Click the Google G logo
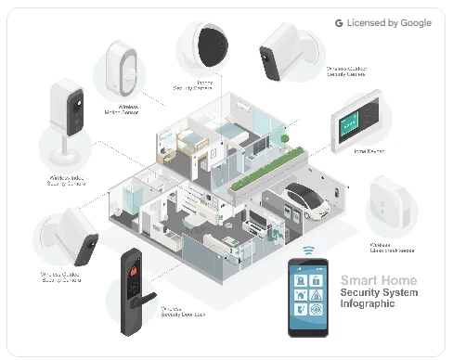click(x=340, y=22)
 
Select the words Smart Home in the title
click(x=378, y=280)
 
